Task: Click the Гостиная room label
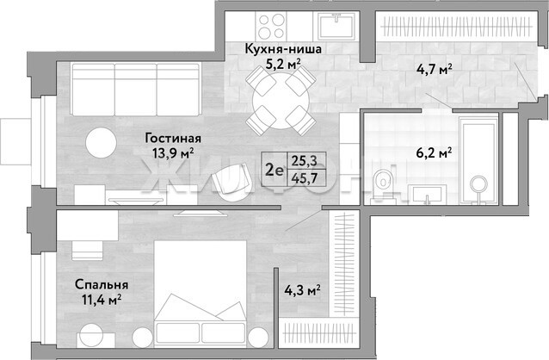(173, 138)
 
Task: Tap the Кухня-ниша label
(283, 49)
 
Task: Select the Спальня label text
(102, 284)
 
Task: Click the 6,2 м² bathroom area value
(434, 152)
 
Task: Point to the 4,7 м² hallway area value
(434, 69)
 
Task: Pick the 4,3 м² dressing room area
(302, 290)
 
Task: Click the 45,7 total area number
(305, 178)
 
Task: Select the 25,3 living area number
(305, 160)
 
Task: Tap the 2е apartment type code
(274, 170)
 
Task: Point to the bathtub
(478, 158)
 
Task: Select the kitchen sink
(336, 26)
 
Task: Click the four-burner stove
(271, 26)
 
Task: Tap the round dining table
(281, 102)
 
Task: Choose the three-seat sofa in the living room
(136, 90)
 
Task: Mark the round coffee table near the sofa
(102, 143)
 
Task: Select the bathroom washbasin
(427, 194)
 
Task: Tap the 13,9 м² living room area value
(173, 153)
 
